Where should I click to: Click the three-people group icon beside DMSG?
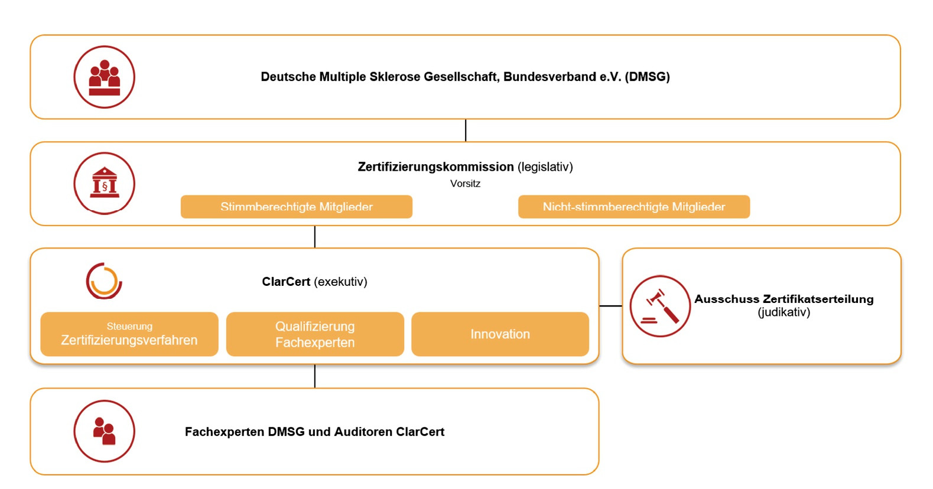coord(104,77)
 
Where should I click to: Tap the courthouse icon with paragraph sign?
coord(104,184)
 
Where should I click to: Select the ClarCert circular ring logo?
coord(104,281)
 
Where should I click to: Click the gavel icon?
coord(660,306)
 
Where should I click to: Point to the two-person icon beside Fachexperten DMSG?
coord(104,431)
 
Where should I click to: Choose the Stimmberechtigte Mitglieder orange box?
coord(297,207)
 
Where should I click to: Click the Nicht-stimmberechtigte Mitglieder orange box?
coord(634,207)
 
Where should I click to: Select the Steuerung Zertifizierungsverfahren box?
coord(129,334)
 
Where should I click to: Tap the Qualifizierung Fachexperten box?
coord(315,334)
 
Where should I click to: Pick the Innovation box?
coord(500,334)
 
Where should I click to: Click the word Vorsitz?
coord(465,184)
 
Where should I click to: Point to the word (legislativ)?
coord(545,167)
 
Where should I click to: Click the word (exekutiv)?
coord(341,282)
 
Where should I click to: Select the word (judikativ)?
coord(784,312)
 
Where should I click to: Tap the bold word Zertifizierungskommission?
coord(435,167)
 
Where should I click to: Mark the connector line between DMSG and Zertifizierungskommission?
coord(466,131)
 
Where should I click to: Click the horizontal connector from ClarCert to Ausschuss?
coord(610,306)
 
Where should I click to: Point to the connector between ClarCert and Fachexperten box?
coord(315,376)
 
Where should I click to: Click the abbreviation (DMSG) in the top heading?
coord(647,77)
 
